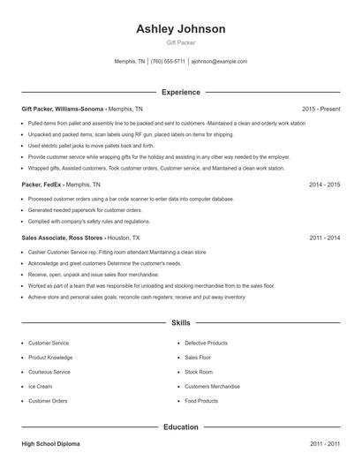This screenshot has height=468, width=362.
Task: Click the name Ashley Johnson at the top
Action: tap(181, 29)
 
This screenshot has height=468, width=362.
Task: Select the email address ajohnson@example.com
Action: tap(219, 62)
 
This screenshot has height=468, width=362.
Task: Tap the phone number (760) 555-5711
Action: tap(168, 62)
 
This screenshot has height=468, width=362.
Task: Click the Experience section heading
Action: tap(181, 92)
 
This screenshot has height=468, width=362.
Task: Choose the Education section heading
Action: tap(181, 426)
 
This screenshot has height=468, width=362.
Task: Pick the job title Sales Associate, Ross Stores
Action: tap(63, 238)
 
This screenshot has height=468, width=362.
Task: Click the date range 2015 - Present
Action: tap(321, 109)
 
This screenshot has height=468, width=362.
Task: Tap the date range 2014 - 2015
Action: tap(324, 185)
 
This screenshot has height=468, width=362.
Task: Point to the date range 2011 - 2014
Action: tap(324, 238)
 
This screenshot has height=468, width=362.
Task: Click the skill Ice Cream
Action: tap(41, 386)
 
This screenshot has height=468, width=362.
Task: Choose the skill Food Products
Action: tap(201, 401)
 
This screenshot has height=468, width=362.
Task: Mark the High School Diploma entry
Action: tap(50, 443)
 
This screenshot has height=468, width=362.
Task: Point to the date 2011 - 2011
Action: tap(324, 443)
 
